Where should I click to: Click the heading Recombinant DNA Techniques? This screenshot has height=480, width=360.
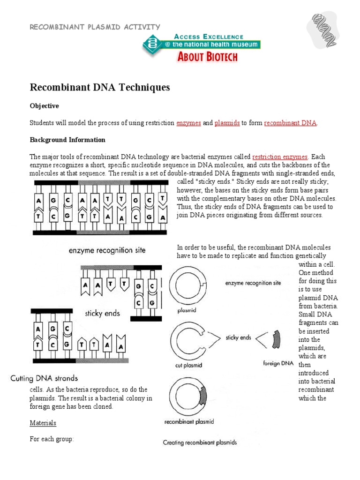pos(100,88)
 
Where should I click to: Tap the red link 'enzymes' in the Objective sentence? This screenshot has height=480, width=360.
pos(188,123)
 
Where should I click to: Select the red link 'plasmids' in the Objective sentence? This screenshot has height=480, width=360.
pos(227,123)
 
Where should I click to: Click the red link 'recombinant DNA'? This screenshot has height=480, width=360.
pos(290,123)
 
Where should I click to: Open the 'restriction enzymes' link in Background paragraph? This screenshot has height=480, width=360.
pos(280,157)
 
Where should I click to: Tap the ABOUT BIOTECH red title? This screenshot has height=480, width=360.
pos(207,57)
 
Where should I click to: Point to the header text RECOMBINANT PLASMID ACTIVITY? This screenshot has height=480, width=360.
pos(95,27)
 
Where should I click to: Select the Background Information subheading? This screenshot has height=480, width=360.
pos(67,140)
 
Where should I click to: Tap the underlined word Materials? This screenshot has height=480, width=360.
pos(43,423)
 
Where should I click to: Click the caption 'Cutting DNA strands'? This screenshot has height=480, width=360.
pos(45,378)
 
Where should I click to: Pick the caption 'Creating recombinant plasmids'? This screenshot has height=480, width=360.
pos(200,442)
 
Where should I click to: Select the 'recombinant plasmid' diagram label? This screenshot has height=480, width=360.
pos(189,421)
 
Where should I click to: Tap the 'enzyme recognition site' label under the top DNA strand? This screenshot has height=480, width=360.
pos(107,250)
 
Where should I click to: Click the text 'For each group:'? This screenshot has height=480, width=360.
pos(52,440)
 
